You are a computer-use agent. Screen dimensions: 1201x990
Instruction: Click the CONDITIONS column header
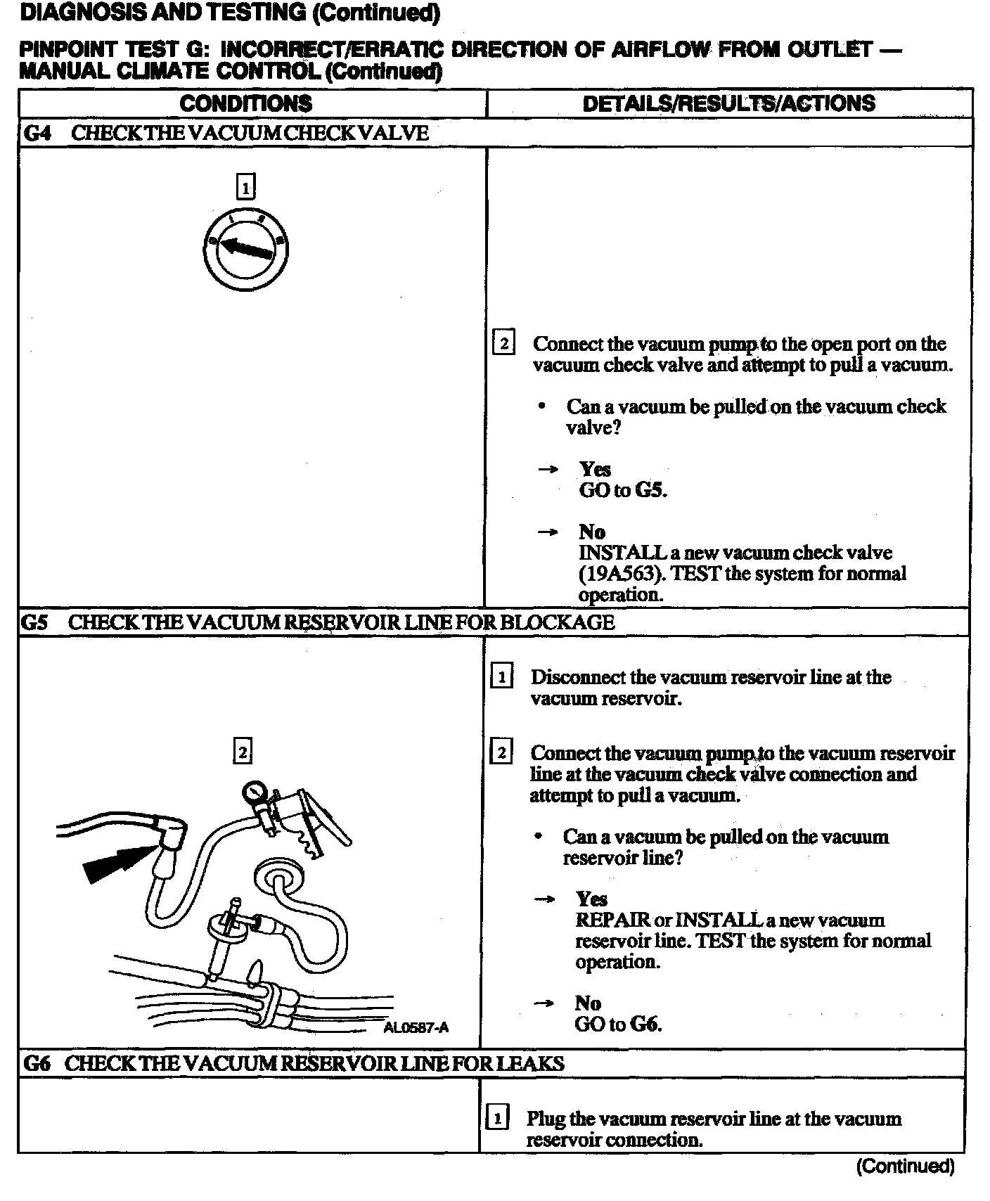(x=246, y=103)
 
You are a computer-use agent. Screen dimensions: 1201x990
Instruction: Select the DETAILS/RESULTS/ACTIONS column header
(x=729, y=103)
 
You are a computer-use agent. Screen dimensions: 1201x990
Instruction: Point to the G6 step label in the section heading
(x=37, y=1063)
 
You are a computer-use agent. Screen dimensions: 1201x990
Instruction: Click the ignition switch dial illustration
(x=246, y=249)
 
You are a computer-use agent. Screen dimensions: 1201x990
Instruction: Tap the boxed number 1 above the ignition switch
(x=245, y=188)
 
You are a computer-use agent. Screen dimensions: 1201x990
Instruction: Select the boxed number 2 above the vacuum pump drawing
(x=242, y=752)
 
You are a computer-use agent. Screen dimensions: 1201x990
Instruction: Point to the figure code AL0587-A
(x=416, y=1028)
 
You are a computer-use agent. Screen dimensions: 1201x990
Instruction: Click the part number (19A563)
(x=621, y=574)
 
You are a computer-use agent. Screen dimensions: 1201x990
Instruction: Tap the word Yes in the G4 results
(x=595, y=469)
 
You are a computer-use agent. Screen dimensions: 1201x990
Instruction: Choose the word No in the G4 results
(x=592, y=532)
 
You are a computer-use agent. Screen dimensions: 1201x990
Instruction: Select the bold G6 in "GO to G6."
(x=645, y=1024)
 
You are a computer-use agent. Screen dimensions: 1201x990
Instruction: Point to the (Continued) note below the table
(x=905, y=1167)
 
